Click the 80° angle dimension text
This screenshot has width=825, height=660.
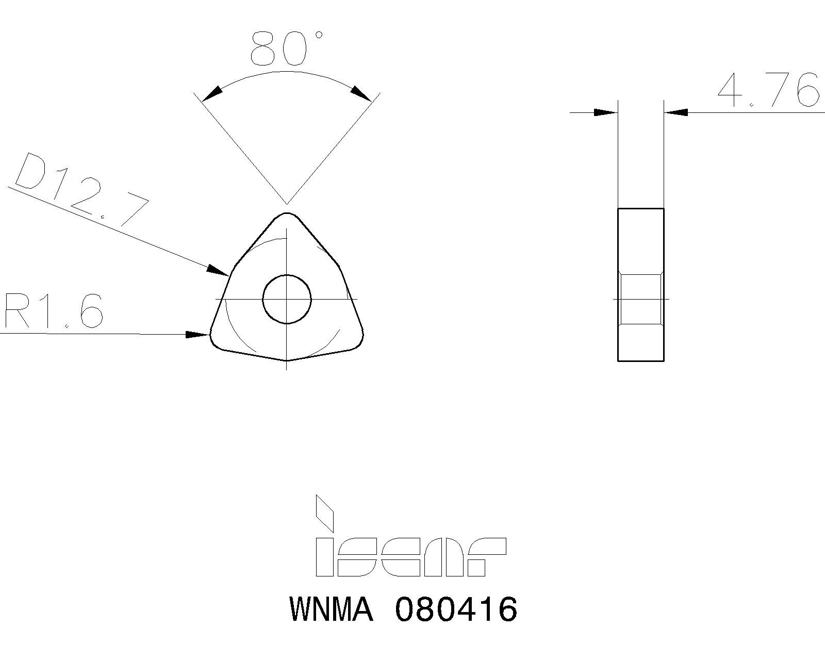point(285,49)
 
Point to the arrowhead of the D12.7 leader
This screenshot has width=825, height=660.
point(219,271)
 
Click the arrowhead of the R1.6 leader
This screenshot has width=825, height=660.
point(198,335)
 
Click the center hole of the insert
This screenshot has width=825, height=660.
point(287,299)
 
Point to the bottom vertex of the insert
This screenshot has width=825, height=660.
point(287,360)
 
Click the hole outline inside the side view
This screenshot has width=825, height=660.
point(641,299)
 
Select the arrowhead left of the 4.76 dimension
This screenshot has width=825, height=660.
point(605,112)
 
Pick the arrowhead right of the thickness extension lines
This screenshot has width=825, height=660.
point(676,112)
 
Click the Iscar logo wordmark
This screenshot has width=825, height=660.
point(410,557)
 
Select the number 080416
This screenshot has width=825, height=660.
point(456,609)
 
